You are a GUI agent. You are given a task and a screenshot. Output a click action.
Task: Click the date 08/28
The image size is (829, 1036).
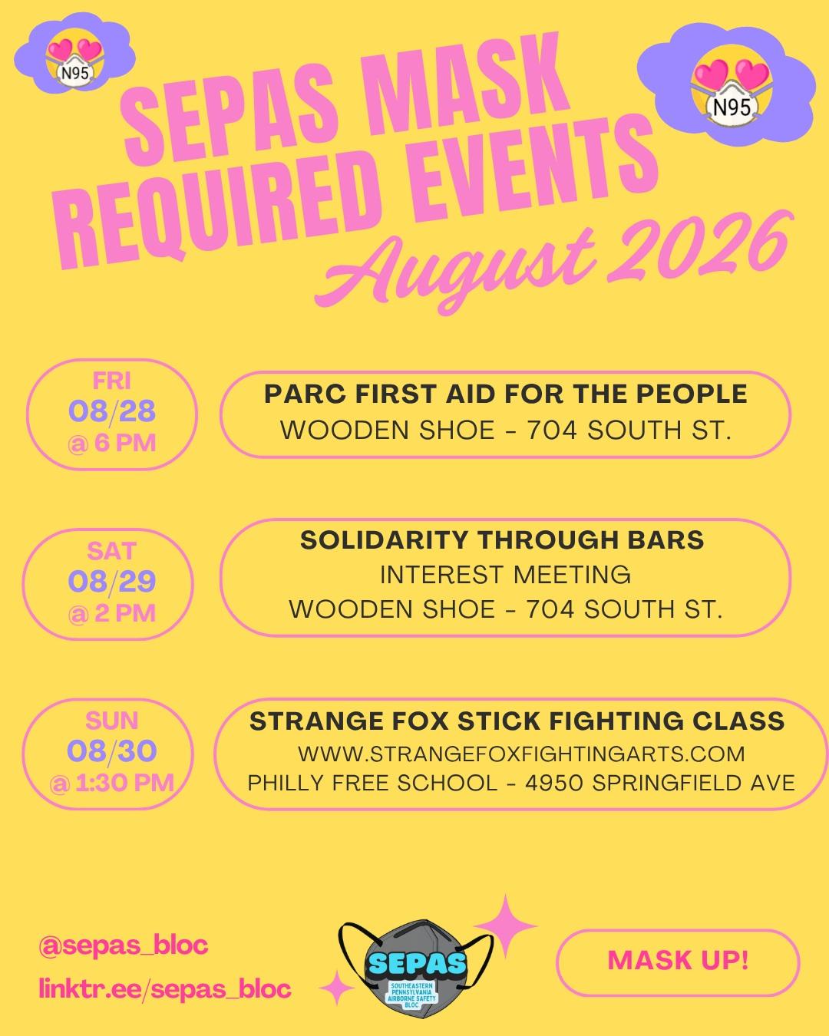point(112,411)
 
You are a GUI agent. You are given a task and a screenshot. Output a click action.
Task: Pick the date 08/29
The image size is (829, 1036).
point(112,582)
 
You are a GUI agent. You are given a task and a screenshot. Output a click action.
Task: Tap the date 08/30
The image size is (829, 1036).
point(112,751)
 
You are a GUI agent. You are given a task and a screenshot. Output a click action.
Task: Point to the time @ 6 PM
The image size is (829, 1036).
point(112,443)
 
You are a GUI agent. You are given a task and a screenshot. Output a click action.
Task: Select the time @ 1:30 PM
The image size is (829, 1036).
point(112,784)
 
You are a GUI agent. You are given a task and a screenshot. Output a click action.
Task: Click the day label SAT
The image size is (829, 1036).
point(112,551)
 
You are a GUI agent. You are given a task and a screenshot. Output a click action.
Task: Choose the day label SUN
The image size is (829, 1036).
point(112,721)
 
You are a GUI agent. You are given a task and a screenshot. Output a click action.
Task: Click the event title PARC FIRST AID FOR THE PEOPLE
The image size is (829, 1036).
point(506,394)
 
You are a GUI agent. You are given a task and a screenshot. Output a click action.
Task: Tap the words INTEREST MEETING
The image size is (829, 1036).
point(506,575)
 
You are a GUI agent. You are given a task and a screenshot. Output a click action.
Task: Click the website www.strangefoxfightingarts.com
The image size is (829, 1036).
point(521,754)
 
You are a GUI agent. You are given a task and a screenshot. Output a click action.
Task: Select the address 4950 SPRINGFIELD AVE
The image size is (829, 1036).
point(660,784)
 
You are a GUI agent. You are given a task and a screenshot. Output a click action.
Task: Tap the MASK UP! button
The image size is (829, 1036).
point(678,961)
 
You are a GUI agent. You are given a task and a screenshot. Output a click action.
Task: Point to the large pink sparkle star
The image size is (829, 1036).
point(505,925)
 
